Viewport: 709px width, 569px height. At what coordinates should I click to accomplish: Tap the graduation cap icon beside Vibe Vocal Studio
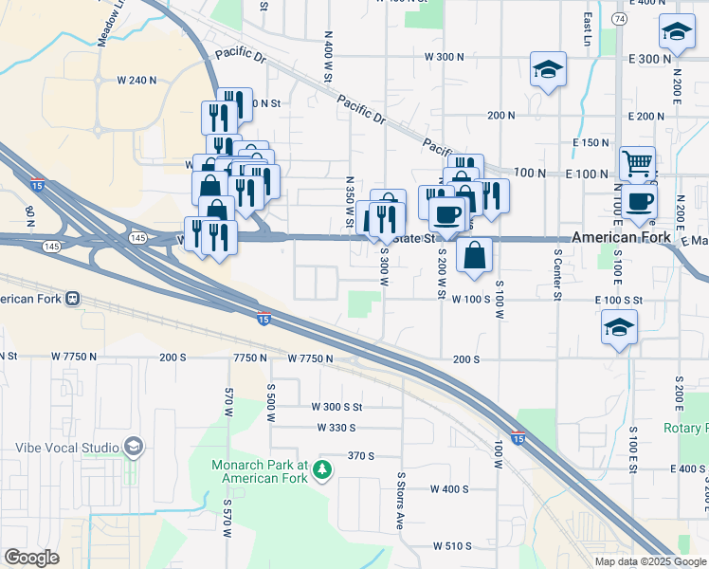click(134, 447)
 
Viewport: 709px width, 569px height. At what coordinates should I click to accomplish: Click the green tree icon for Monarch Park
click(323, 469)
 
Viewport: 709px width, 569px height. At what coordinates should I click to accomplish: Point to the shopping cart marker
click(637, 163)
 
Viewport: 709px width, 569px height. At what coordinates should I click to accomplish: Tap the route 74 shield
click(618, 18)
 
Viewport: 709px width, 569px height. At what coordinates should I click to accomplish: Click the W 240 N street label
click(136, 81)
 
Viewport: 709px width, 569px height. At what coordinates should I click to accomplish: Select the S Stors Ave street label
click(402, 488)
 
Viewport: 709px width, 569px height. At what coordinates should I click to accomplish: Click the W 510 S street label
click(452, 546)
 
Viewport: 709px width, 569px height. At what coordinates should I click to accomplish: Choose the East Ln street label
click(589, 58)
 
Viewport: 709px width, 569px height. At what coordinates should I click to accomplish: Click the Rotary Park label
click(686, 429)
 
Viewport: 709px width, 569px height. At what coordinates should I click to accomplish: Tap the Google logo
click(31, 558)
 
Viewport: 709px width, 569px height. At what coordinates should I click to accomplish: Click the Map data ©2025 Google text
click(649, 561)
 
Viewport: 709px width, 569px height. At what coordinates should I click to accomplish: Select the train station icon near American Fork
click(72, 300)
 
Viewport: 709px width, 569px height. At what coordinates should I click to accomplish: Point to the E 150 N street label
click(591, 142)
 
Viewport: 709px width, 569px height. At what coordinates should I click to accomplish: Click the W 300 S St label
click(336, 406)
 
